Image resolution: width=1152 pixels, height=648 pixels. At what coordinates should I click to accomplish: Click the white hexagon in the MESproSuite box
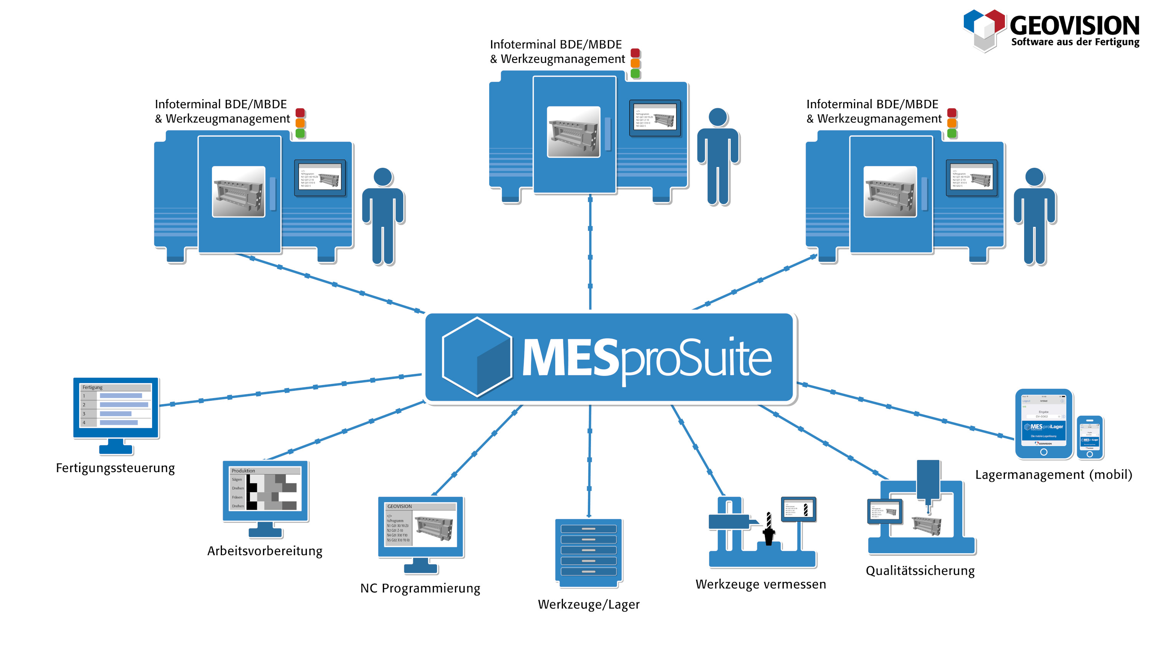[477, 357]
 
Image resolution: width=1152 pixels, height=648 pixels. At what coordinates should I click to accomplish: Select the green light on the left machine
[300, 133]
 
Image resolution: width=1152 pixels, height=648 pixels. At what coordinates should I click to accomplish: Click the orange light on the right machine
[952, 123]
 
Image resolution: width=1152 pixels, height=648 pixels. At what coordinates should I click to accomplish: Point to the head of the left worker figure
[383, 177]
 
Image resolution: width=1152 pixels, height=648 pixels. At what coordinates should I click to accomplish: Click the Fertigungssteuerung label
[115, 468]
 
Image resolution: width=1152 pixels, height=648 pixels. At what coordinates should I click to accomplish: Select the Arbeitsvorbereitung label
[265, 551]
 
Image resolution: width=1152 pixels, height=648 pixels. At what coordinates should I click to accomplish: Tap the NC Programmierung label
[420, 588]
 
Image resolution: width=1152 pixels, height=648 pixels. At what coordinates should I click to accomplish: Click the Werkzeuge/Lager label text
[589, 605]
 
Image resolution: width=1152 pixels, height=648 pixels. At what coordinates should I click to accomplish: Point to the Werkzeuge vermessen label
[761, 585]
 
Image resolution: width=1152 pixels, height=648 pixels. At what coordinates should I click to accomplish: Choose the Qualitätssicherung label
[920, 571]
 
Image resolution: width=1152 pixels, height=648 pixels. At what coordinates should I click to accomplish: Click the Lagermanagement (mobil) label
[1054, 475]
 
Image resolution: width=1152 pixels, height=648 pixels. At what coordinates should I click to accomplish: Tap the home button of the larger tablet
[1043, 452]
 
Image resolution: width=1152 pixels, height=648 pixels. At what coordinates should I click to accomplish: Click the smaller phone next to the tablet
[1090, 437]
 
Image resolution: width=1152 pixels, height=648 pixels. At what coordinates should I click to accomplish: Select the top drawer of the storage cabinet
[589, 529]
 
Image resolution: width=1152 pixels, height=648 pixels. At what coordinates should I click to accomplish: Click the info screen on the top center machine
[655, 118]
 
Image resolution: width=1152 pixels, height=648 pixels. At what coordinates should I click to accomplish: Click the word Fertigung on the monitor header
[93, 387]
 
